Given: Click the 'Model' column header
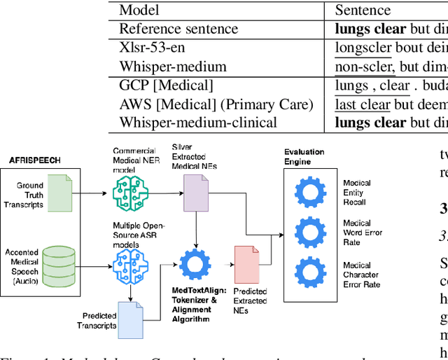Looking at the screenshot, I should click(x=139, y=10).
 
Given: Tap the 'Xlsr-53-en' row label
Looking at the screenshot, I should click(x=154, y=48).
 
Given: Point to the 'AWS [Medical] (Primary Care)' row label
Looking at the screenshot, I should click(x=216, y=104).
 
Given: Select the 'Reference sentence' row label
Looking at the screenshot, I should click(x=178, y=29).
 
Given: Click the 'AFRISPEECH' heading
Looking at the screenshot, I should click(x=34, y=160).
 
